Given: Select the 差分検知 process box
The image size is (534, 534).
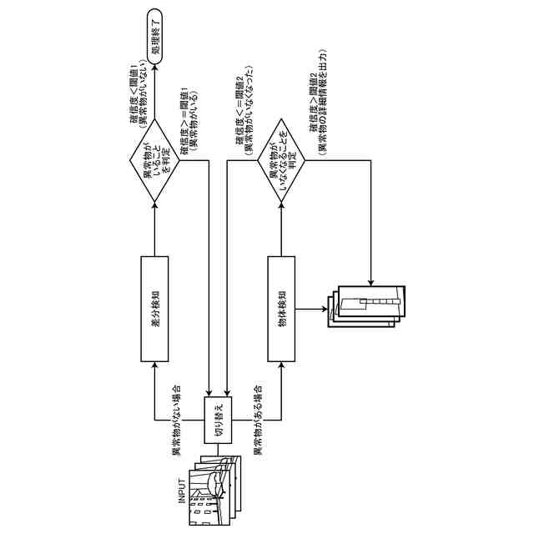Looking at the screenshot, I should tap(154, 308).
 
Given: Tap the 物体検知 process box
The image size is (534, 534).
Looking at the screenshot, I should tap(282, 308).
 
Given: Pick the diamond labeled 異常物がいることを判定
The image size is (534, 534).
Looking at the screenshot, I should tap(154, 161).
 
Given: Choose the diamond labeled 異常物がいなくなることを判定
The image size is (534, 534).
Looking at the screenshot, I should tap(282, 161).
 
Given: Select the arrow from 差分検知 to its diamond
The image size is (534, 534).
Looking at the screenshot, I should tap(154, 225).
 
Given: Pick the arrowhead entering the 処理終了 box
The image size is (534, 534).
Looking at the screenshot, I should tap(154, 61).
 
